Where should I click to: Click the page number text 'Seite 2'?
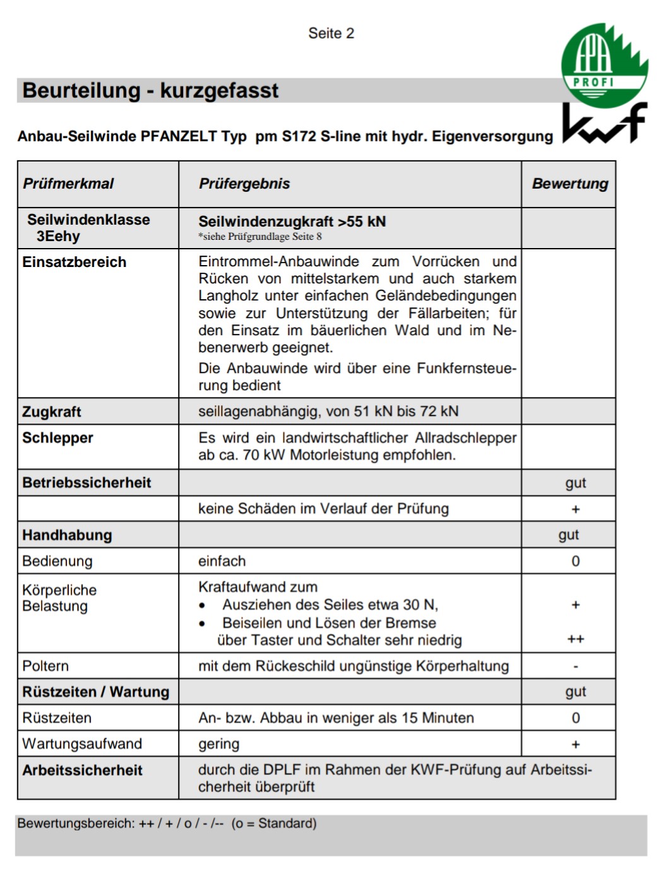(x=331, y=33)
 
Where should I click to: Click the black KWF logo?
(x=604, y=124)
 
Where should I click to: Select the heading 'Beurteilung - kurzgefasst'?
(x=150, y=90)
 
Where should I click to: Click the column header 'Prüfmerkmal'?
(x=68, y=184)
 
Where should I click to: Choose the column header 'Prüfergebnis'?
(x=244, y=184)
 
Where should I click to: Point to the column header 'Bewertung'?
(x=569, y=184)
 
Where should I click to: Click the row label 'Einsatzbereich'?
(x=74, y=262)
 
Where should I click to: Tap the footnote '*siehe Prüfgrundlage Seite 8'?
(x=260, y=237)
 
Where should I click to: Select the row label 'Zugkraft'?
(x=52, y=412)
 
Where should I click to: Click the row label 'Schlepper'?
(x=57, y=438)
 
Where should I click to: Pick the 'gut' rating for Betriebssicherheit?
(x=575, y=483)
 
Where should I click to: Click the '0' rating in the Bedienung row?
(x=575, y=561)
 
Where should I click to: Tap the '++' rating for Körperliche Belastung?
(x=575, y=639)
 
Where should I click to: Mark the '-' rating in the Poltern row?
(x=575, y=666)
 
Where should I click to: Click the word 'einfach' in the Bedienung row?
(x=222, y=561)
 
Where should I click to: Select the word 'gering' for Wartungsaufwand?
(x=218, y=744)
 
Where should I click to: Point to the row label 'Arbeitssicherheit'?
(x=82, y=770)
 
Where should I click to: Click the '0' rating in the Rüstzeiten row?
(x=575, y=718)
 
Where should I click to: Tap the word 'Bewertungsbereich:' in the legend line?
(x=76, y=823)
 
